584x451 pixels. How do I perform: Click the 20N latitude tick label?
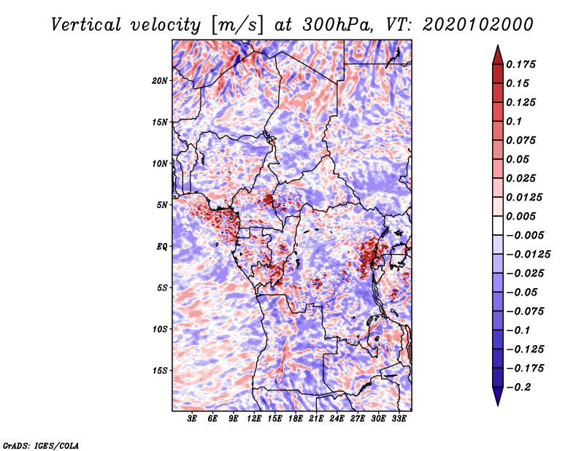pyautogui.click(x=159, y=81)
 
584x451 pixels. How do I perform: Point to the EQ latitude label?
pyautogui.click(x=161, y=247)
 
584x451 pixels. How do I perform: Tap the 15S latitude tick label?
pyautogui.click(x=159, y=371)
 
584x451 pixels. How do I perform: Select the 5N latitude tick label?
pyautogui.click(x=161, y=205)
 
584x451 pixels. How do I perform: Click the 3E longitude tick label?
pyautogui.click(x=192, y=419)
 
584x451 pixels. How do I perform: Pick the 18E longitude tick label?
pyautogui.click(x=296, y=419)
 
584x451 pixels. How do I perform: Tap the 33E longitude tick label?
pyautogui.click(x=399, y=419)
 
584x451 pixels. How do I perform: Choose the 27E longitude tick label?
pyautogui.click(x=358, y=419)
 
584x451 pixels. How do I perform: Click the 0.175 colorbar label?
pyautogui.click(x=520, y=64)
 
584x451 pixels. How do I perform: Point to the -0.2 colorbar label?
pyautogui.click(x=518, y=388)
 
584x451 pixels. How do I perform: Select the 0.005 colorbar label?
pyautogui.click(x=520, y=216)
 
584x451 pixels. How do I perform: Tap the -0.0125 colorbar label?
pyautogui.click(x=528, y=255)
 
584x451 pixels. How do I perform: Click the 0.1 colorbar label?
pyautogui.click(x=514, y=121)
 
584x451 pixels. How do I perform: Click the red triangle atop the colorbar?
pyautogui.click(x=498, y=55)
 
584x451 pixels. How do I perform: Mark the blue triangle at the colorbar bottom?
pyautogui.click(x=498, y=396)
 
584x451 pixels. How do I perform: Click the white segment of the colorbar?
pyautogui.click(x=498, y=225)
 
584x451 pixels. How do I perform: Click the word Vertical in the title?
pyautogui.click(x=86, y=25)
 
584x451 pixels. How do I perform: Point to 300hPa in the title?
pyautogui.click(x=337, y=25)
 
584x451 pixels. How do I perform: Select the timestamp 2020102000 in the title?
pyautogui.click(x=478, y=25)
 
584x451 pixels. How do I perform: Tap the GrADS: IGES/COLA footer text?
pyautogui.click(x=41, y=446)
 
